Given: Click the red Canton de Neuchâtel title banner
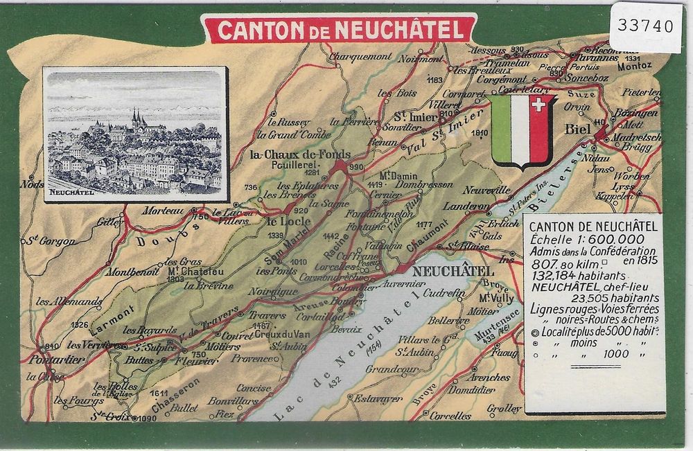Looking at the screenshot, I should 339,30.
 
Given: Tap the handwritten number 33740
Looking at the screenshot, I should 645,26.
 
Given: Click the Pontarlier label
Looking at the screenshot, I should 58,359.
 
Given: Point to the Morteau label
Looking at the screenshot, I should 163,211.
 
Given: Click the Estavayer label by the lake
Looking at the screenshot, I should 377,398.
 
